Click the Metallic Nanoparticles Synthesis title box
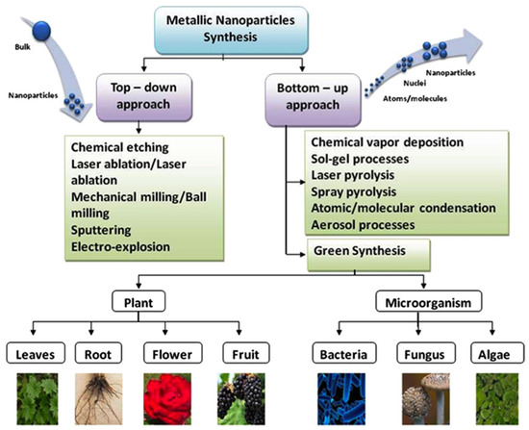[x=232, y=31]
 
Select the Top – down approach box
[x=144, y=97]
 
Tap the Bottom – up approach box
[x=314, y=100]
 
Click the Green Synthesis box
[x=368, y=255]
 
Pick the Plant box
[x=139, y=301]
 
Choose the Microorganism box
[x=428, y=301]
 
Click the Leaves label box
[x=36, y=353]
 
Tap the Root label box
[x=98, y=353]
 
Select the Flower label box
[x=173, y=353]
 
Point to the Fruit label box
[x=246, y=353]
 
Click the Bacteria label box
[x=343, y=353]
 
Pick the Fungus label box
[x=425, y=353]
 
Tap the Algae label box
[x=497, y=353]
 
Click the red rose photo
[x=167, y=398]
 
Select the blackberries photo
[x=241, y=398]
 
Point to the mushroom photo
[x=426, y=398]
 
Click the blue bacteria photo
[x=341, y=398]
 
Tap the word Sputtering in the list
[x=101, y=230]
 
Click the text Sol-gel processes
[x=360, y=159]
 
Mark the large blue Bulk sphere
[x=41, y=31]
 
